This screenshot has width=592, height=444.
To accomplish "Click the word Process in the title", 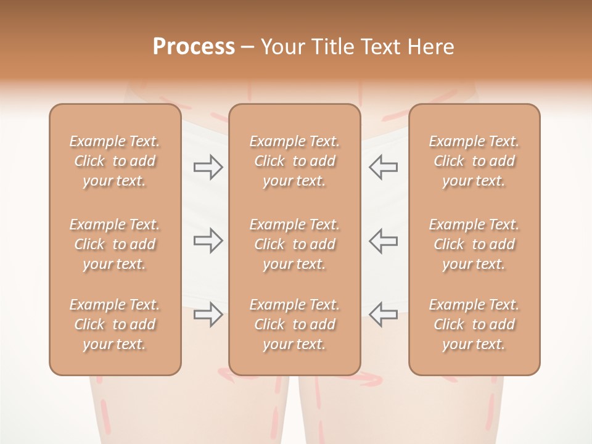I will (194, 47).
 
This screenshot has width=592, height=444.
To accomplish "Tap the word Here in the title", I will (430, 47).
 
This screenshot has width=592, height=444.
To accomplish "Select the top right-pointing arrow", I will (208, 167).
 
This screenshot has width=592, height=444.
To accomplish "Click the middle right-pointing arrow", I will (208, 240).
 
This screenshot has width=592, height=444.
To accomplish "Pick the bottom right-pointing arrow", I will (208, 314).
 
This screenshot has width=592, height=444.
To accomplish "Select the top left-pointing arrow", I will (383, 167).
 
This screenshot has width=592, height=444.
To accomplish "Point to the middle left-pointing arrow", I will (383, 240).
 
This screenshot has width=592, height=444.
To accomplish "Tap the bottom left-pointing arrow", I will (383, 314).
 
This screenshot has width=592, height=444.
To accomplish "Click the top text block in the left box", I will (115, 161).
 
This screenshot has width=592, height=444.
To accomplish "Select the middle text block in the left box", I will (115, 244).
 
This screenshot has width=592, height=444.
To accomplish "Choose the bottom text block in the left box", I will (115, 324).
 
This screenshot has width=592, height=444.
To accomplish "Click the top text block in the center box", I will (295, 161).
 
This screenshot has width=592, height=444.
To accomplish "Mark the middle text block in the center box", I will (295, 244).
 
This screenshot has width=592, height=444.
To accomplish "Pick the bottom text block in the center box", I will (295, 324).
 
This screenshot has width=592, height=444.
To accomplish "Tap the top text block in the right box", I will (474, 161).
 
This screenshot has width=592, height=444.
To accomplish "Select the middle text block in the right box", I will (474, 244).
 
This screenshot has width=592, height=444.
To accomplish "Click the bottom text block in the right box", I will (474, 324).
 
